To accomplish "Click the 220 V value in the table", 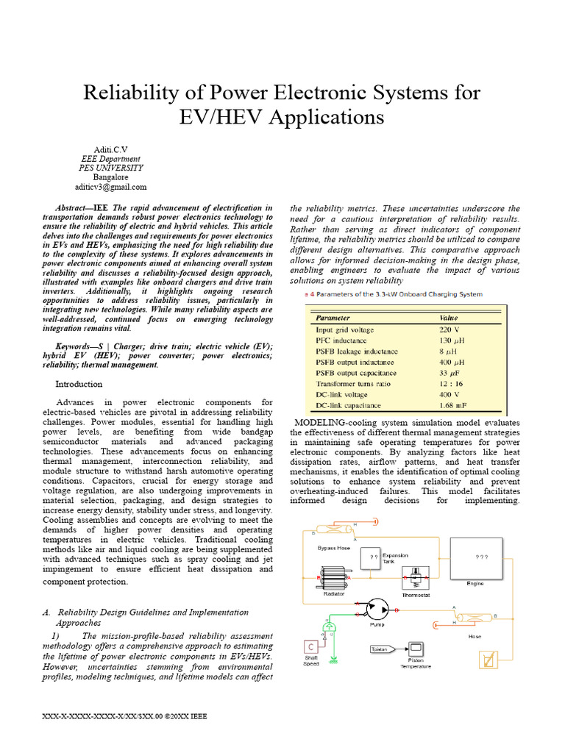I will [x=449, y=330].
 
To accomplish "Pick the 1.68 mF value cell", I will [x=455, y=405].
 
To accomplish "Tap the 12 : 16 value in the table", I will [x=452, y=384].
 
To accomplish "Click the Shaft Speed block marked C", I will [x=311, y=647].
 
